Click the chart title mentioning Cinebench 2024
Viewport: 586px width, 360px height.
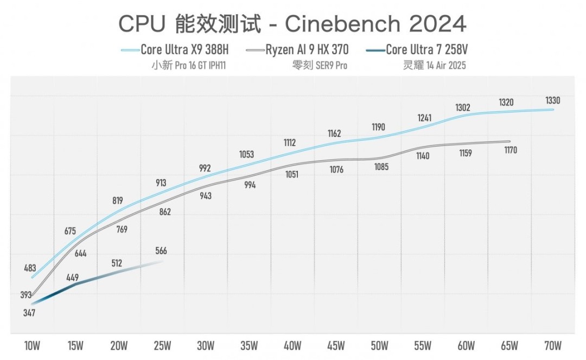pos(292,23)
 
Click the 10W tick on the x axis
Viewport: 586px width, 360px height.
pos(31,345)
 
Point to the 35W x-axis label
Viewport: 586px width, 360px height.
pos(249,345)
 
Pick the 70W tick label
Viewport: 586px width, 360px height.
pos(553,345)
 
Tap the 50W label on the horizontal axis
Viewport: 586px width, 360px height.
pos(379,345)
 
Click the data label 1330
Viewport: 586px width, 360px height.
pos(553,100)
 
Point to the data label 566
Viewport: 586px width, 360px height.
pos(161,251)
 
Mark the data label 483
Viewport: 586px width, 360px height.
pos(31,268)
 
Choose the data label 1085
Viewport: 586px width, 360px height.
pos(381,167)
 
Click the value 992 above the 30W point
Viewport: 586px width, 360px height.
pos(205,168)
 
